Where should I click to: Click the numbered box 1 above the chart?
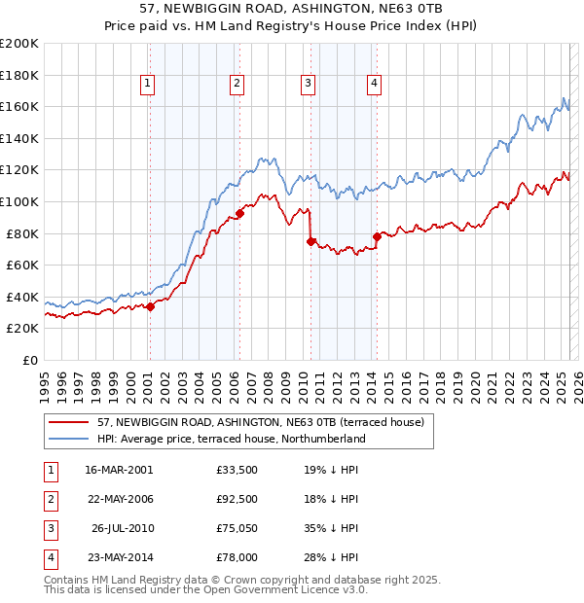pos(147,85)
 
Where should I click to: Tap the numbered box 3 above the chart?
pos(308,85)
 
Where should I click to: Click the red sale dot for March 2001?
pos(150,307)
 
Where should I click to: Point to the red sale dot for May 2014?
pos(377,236)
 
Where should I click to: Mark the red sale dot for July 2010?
pos(311,242)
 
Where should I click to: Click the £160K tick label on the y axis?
pos(19,106)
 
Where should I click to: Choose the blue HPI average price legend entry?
pos(231,439)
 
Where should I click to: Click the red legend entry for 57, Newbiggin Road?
pos(260,423)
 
